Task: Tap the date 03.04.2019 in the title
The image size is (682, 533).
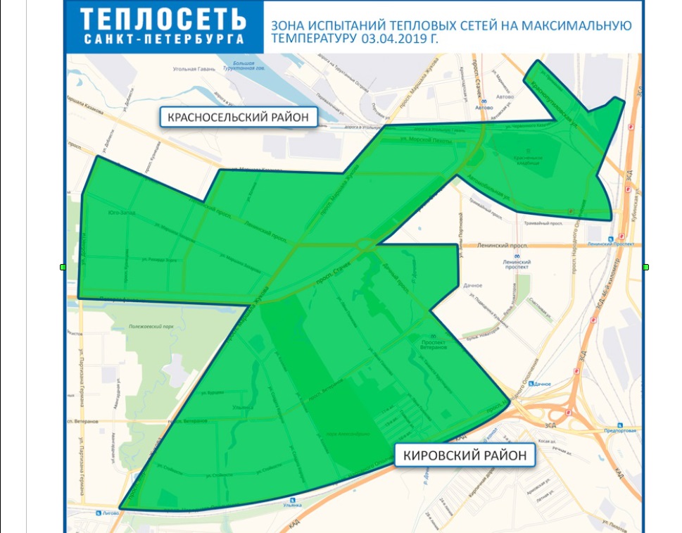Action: pyautogui.click(x=389, y=40)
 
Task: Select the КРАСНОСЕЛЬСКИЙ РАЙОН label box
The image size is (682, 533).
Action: pyautogui.click(x=238, y=116)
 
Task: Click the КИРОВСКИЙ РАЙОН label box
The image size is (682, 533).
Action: pyautogui.click(x=465, y=456)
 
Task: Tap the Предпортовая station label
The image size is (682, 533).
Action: pyautogui.click(x=619, y=430)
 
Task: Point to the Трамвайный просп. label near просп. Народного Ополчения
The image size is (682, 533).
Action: pyautogui.click(x=544, y=223)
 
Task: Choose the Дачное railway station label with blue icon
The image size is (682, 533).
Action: pyautogui.click(x=540, y=384)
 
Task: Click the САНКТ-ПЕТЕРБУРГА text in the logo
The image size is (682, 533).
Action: pyautogui.click(x=164, y=39)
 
